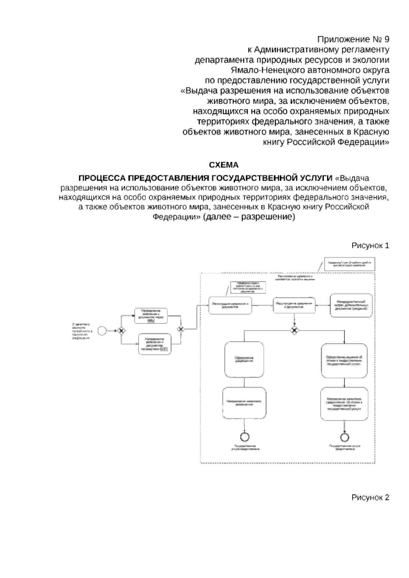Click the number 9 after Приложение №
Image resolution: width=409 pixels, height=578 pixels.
pyautogui.click(x=386, y=39)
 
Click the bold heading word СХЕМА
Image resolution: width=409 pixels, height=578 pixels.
pyautogui.click(x=224, y=165)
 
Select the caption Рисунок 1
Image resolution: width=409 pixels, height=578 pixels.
pyautogui.click(x=370, y=246)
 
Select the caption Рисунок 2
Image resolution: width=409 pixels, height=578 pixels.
pyautogui.click(x=370, y=497)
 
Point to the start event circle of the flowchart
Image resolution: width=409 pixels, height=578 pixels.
pyautogui.click(x=102, y=330)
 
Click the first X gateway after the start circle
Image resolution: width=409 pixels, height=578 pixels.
pyautogui.click(x=120, y=330)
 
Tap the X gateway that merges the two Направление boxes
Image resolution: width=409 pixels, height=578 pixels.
pyautogui.click(x=181, y=329)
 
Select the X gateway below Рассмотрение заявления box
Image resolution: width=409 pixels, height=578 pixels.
pyautogui.click(x=294, y=330)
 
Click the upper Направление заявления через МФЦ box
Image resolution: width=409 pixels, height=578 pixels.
pyautogui.click(x=151, y=315)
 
